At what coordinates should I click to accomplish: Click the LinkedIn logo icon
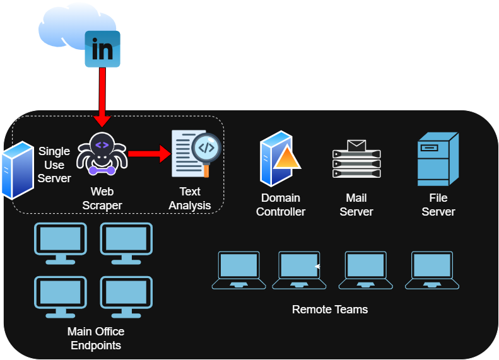click(102, 49)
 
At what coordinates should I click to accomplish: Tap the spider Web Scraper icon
click(102, 154)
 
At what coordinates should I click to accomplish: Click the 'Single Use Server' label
click(54, 165)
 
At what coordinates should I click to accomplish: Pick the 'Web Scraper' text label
click(102, 198)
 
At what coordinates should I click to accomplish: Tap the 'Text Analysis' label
click(189, 198)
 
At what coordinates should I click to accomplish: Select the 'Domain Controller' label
click(281, 205)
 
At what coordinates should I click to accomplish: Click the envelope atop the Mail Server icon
click(356, 146)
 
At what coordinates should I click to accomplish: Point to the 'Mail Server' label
click(356, 205)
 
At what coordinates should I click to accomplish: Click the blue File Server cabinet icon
click(437, 159)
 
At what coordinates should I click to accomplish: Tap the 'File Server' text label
click(438, 205)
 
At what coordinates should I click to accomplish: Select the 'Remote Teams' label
click(330, 310)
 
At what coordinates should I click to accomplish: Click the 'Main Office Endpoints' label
click(96, 339)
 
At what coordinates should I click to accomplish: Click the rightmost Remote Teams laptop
click(432, 270)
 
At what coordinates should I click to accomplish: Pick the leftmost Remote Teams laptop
click(238, 270)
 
